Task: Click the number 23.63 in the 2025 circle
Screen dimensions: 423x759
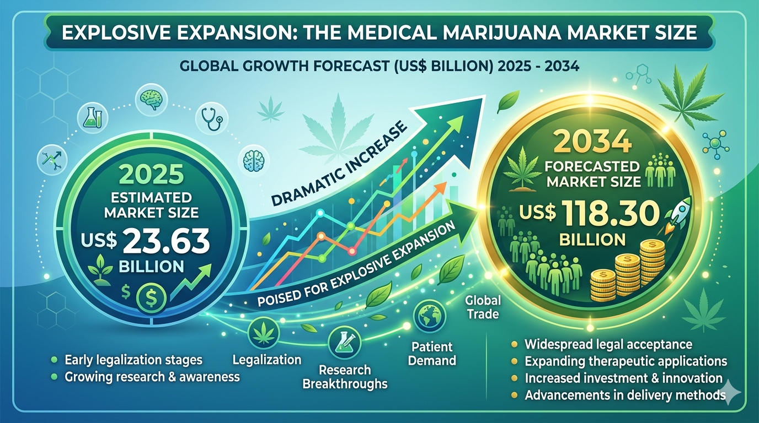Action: (x=165, y=241)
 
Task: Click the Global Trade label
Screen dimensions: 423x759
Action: (x=483, y=307)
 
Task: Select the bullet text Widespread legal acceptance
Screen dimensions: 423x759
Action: (x=608, y=345)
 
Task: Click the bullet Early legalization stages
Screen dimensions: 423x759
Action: (x=133, y=360)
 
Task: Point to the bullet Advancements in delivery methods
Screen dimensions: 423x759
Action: (x=624, y=395)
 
